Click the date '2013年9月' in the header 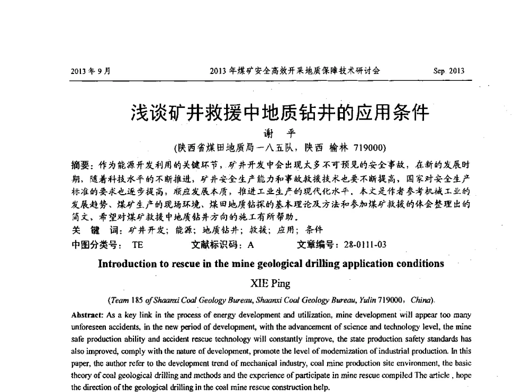tap(89, 71)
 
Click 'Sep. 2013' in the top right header tap(450, 71)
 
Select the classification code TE tap(137, 245)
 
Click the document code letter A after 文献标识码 tap(250, 245)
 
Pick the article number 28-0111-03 tap(358, 245)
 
